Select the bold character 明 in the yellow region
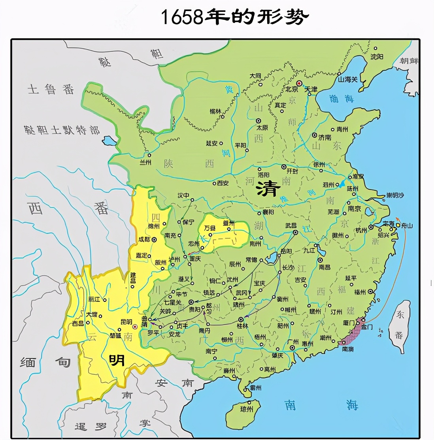(x=117, y=360)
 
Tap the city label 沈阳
(x=377, y=56)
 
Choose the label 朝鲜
(x=409, y=61)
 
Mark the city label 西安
(x=223, y=183)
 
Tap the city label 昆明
(x=126, y=322)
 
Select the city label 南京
(x=354, y=208)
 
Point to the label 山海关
(x=348, y=79)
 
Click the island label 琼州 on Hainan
(x=247, y=409)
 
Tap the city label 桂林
(x=242, y=326)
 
